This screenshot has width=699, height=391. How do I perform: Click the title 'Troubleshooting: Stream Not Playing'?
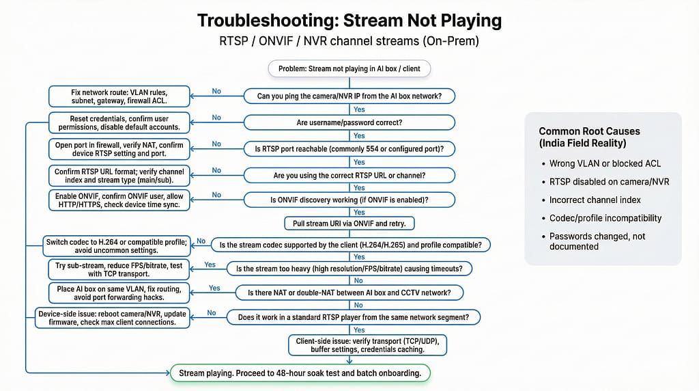[349, 21]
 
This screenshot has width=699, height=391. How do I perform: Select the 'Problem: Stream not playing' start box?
[349, 68]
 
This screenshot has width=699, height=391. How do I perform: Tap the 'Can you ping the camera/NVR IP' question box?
[349, 96]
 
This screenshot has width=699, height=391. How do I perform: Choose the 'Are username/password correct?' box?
[349, 122]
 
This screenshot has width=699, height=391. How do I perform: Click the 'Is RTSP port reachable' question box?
[349, 148]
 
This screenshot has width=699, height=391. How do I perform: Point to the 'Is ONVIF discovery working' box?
[349, 200]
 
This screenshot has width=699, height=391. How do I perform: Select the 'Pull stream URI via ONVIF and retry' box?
[349, 224]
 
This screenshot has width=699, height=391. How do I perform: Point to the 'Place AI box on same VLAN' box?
[119, 293]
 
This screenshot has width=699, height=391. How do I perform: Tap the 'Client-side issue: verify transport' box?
[367, 345]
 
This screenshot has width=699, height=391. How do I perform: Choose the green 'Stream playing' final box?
[299, 373]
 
